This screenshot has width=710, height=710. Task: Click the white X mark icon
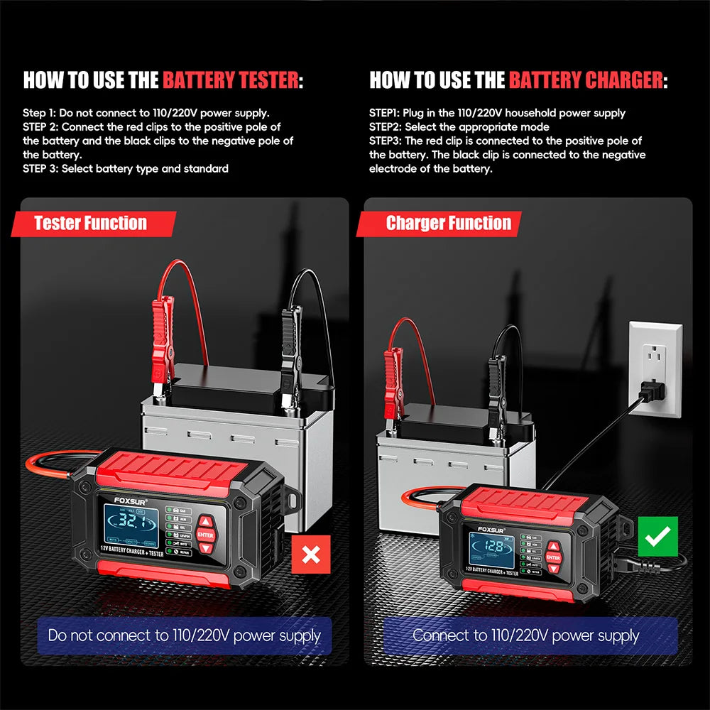tap(311, 555)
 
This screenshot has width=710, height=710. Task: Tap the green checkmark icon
tap(658, 536)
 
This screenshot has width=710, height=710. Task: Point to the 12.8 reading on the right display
tap(493, 547)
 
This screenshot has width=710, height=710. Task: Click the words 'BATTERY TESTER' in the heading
tap(231, 80)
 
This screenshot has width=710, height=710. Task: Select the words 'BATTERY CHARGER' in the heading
tap(586, 80)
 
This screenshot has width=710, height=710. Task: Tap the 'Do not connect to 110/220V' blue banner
tap(185, 635)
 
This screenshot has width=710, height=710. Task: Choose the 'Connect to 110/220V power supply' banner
tap(526, 635)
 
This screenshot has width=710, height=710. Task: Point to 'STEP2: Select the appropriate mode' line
tap(459, 127)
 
